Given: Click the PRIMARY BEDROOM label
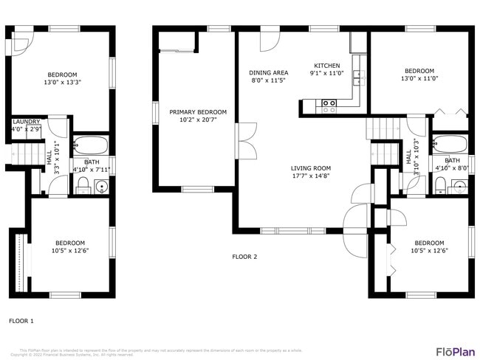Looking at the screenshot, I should [x=198, y=112].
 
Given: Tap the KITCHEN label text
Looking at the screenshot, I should [x=327, y=65].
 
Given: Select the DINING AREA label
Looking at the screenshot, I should [x=269, y=72].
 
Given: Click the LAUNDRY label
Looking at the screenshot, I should [x=27, y=122].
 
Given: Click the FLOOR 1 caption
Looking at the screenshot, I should [x=21, y=321].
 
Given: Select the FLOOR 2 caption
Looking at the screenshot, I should [x=244, y=257].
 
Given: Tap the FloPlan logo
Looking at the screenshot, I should [x=455, y=352].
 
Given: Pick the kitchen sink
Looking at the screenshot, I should [x=357, y=75].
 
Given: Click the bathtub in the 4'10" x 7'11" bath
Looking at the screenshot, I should [x=90, y=144].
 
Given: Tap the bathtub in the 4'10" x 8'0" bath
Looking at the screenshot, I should [x=450, y=144].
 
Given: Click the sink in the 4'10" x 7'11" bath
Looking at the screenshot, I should [x=100, y=184].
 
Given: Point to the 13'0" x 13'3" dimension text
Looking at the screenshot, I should [x=63, y=83].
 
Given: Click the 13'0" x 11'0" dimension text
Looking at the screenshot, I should [x=419, y=79].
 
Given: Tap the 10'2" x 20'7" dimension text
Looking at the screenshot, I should [x=198, y=120].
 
